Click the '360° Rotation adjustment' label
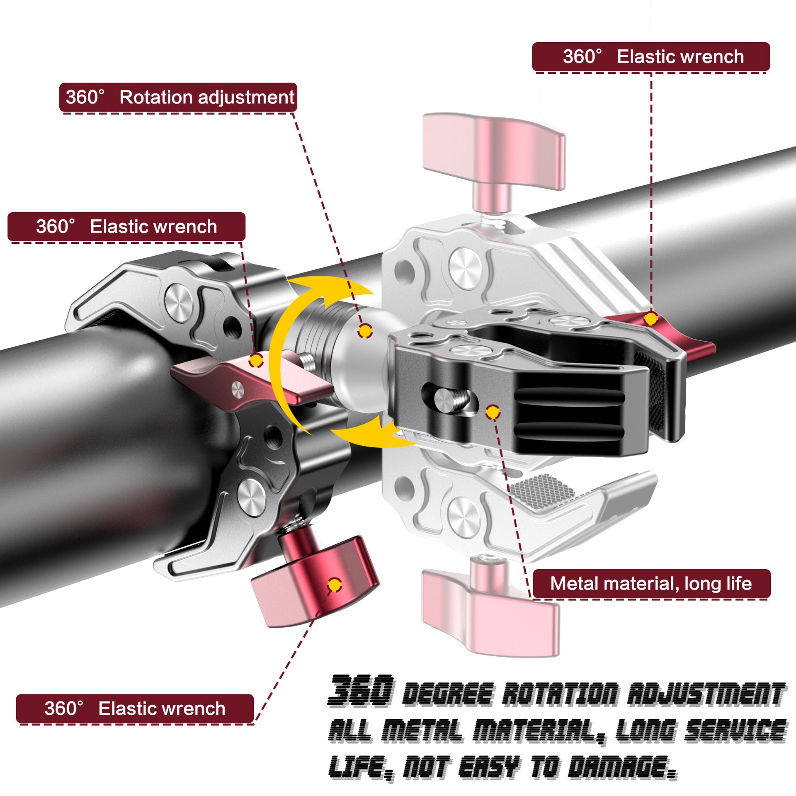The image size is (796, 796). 178,97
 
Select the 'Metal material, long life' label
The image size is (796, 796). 651,583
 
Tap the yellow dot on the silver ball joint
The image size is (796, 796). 365,331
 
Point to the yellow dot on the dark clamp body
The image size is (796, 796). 492,412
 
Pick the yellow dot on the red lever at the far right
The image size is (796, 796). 652,318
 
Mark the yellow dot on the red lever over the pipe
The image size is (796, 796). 256,360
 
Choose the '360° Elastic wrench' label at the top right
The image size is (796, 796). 651,56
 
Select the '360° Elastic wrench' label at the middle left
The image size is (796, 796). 126,226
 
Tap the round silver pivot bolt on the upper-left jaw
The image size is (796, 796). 179,297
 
